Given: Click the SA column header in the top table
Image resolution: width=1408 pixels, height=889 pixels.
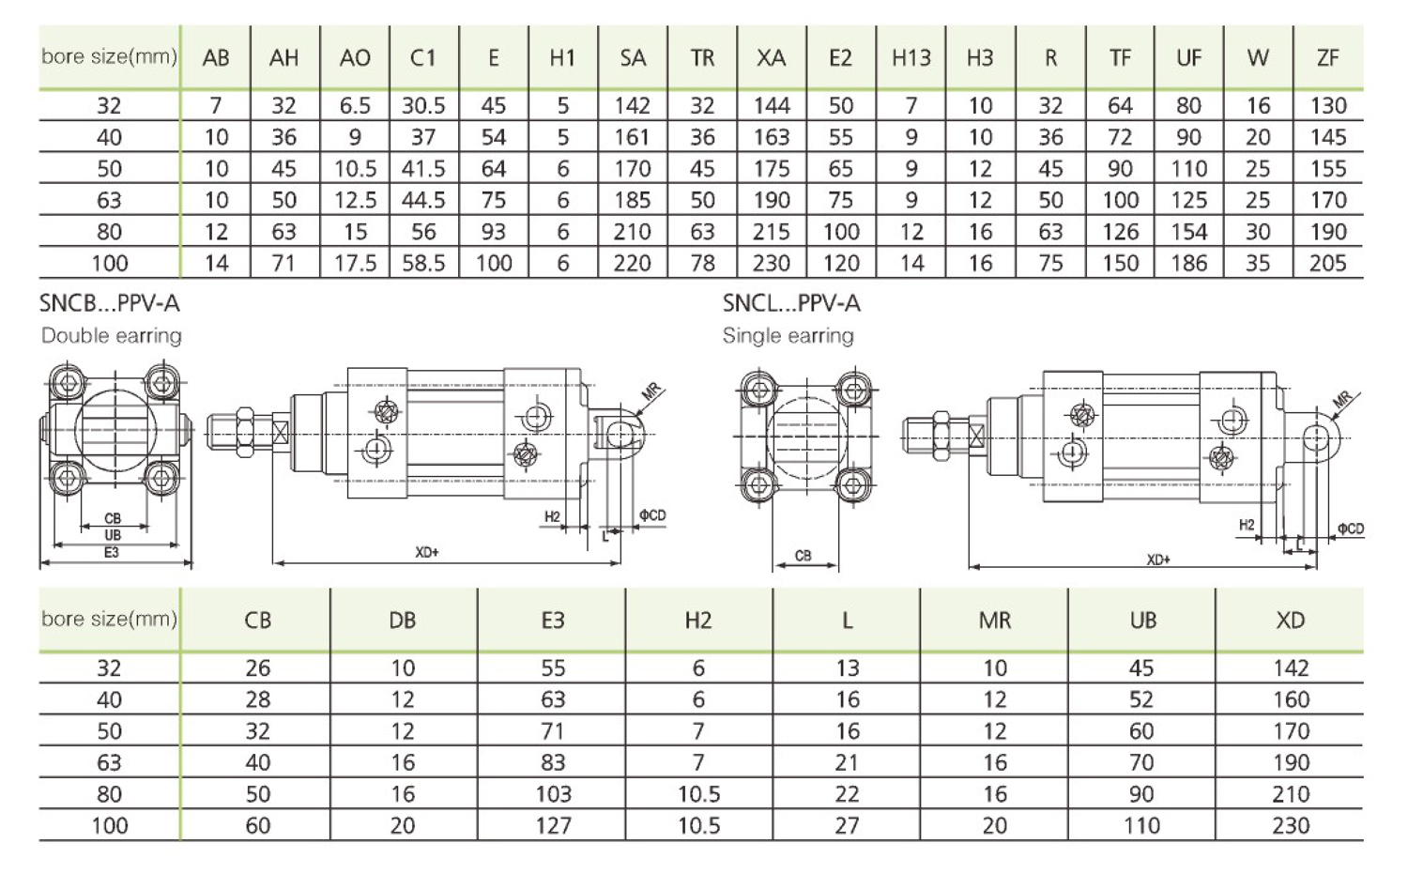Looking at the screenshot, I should [x=633, y=58].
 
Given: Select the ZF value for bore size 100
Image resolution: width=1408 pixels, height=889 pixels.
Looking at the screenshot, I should [x=1327, y=263].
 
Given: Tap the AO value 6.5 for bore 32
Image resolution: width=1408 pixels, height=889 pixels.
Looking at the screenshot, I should [x=355, y=106].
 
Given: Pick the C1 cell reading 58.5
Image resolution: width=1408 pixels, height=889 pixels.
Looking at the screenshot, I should [x=423, y=263].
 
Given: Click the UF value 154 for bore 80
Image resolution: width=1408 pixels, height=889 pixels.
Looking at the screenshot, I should [x=1188, y=232].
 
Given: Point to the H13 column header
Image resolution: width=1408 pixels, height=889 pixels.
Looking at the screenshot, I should [x=911, y=58].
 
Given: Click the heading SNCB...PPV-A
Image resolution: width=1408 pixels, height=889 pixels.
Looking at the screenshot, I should [x=109, y=303].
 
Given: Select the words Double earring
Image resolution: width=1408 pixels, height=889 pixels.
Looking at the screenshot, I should [x=111, y=335].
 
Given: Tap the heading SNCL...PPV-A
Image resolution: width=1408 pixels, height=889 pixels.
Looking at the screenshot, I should [x=791, y=303].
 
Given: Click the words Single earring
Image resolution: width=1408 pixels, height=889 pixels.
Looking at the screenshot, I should [x=788, y=335].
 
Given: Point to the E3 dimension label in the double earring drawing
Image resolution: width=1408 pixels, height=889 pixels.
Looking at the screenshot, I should [x=112, y=553].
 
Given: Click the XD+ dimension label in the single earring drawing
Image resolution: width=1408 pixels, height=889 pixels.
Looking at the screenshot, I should [x=1158, y=559].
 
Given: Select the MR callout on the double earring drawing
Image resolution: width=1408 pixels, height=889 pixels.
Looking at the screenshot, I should [x=653, y=391].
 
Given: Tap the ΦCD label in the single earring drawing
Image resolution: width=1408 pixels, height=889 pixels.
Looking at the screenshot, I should [x=1350, y=529].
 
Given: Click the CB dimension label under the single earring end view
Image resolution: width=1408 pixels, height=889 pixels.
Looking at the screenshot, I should [x=803, y=556].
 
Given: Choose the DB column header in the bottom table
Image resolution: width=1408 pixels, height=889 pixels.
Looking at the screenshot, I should [x=402, y=621].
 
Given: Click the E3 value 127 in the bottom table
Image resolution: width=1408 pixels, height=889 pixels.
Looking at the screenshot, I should [x=553, y=826].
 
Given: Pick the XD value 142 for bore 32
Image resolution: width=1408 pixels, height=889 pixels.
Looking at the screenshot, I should [x=1290, y=668].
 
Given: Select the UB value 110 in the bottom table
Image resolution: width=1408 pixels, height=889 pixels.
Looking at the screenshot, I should [x=1141, y=826].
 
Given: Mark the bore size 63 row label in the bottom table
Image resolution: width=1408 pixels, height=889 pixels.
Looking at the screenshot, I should [x=109, y=763].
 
